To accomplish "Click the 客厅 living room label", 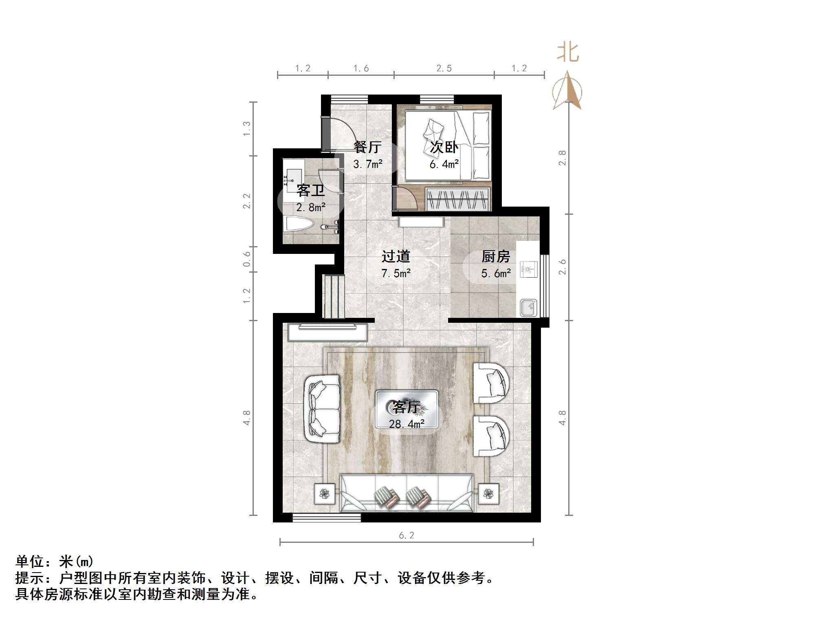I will [x=406, y=407].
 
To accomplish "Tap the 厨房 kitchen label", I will [x=495, y=257].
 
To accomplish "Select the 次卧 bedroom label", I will [x=444, y=147].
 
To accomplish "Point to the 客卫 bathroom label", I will [x=310, y=190].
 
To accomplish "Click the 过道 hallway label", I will [x=396, y=256].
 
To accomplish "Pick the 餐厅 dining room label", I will [x=367, y=147].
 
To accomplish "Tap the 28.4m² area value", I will [x=407, y=424].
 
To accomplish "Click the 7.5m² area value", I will [x=396, y=273].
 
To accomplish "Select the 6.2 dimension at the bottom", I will [x=407, y=535].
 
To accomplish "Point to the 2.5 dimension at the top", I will [x=444, y=68].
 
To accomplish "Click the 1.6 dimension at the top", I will [x=361, y=68].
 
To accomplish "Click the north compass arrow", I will [x=567, y=92].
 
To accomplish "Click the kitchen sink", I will [x=528, y=308].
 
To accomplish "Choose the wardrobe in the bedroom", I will [x=457, y=199].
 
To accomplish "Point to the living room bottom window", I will [x=327, y=518].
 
